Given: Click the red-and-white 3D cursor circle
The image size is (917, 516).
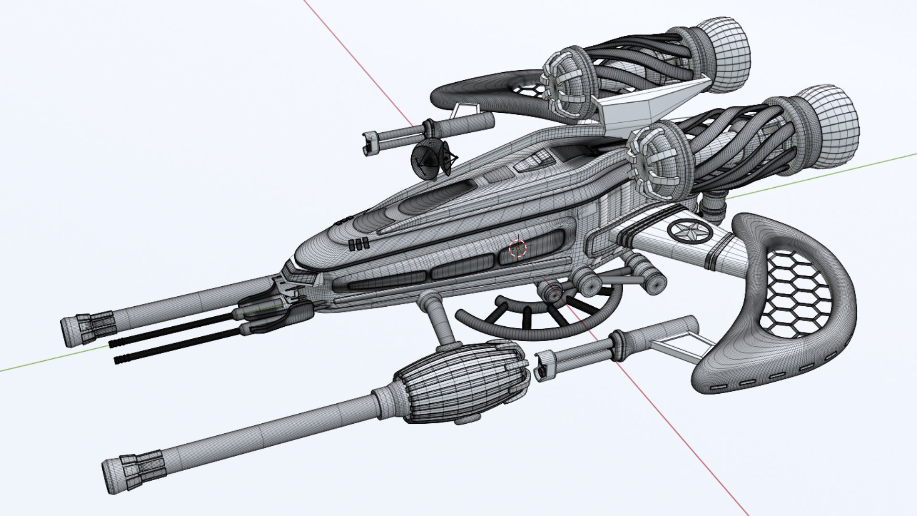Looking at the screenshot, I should point(517,248).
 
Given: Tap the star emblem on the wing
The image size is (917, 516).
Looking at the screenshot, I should point(684,232).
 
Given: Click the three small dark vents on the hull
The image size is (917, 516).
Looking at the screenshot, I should point(358,244).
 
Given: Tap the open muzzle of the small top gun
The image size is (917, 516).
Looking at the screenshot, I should point(368,143).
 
